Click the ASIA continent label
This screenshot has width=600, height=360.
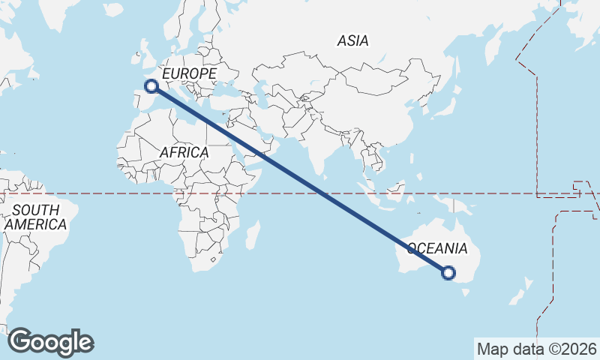[x=352, y=40]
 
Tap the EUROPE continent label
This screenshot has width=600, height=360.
[x=189, y=73]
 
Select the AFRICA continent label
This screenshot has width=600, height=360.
[x=184, y=152]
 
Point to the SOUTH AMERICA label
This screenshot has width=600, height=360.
[x=34, y=217]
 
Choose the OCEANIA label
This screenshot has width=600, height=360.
[x=438, y=248]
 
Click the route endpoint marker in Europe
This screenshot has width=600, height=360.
[x=151, y=86]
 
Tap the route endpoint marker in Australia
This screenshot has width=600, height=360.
[x=448, y=273]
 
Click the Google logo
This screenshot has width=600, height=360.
[x=50, y=341]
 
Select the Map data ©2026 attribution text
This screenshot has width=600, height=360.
[x=537, y=349]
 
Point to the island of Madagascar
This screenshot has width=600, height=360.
[x=251, y=234]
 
